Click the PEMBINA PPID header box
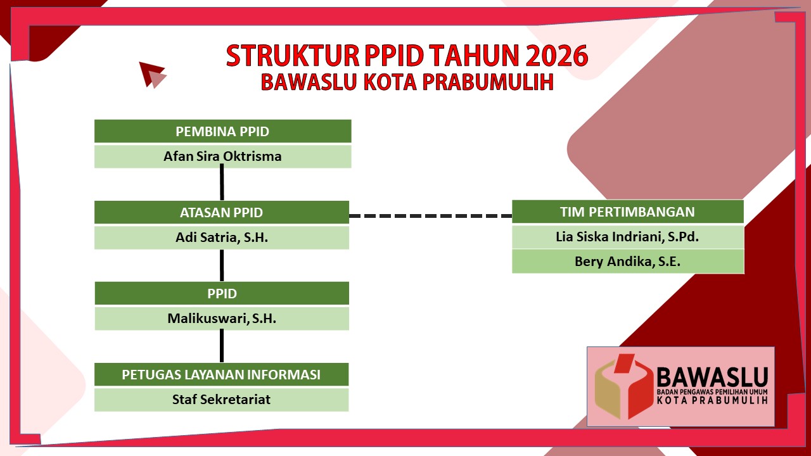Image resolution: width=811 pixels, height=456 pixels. click(x=222, y=131)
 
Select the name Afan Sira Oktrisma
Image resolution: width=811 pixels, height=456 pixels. click(x=222, y=156)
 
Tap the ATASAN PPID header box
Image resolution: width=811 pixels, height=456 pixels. click(x=222, y=212)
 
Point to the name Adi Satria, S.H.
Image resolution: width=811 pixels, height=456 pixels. click(x=222, y=237)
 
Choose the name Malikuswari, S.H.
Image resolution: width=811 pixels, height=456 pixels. click(x=222, y=319)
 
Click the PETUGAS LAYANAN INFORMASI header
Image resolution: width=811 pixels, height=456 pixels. click(x=221, y=374)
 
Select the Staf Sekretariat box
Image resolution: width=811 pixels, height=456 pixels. click(x=221, y=400)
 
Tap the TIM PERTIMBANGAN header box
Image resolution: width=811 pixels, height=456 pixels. click(x=628, y=212)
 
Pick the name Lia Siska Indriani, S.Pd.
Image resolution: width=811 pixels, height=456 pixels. click(x=627, y=237)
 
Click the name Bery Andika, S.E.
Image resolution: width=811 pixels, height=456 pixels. click(x=627, y=262)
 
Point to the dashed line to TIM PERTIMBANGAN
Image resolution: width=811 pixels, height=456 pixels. click(x=430, y=216)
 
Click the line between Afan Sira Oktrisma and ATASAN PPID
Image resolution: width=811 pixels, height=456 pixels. click(x=222, y=182)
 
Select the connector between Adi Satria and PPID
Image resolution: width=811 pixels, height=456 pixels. click(x=222, y=265)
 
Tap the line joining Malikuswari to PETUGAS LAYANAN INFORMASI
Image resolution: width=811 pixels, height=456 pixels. click(x=222, y=346)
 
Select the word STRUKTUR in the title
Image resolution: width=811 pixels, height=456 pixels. click(x=293, y=55)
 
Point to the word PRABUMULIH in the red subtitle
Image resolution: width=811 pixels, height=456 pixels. click(x=488, y=82)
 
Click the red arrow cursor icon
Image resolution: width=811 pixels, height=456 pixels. click(x=152, y=75)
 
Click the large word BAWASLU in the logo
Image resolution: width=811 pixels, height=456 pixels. click(x=712, y=377)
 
